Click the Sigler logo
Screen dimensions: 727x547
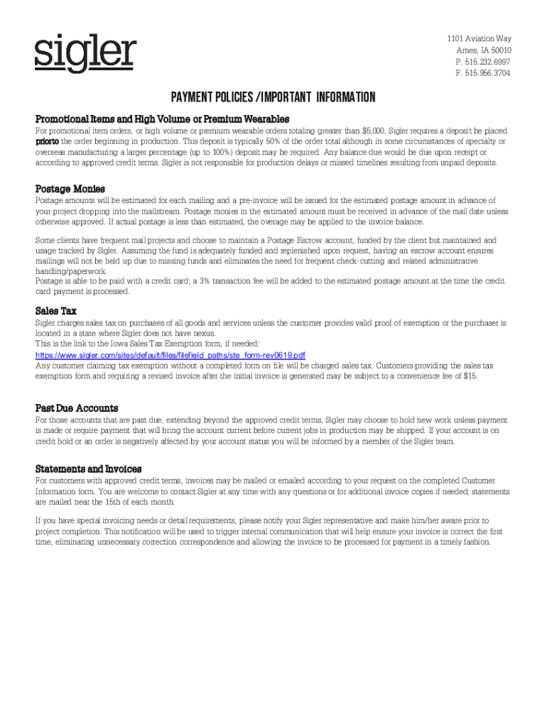point(85,54)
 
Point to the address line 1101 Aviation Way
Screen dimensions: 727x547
point(479,38)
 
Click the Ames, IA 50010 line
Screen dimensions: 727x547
point(484,50)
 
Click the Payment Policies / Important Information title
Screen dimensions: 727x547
point(272,97)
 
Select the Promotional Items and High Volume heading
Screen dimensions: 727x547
point(162,118)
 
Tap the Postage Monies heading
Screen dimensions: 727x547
point(70,189)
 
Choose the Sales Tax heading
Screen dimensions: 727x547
point(56,311)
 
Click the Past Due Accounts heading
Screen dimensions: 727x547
point(77,408)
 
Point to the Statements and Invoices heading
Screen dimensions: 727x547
point(89,469)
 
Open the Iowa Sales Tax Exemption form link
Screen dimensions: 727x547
point(170,355)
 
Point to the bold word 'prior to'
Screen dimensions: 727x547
point(48,142)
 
